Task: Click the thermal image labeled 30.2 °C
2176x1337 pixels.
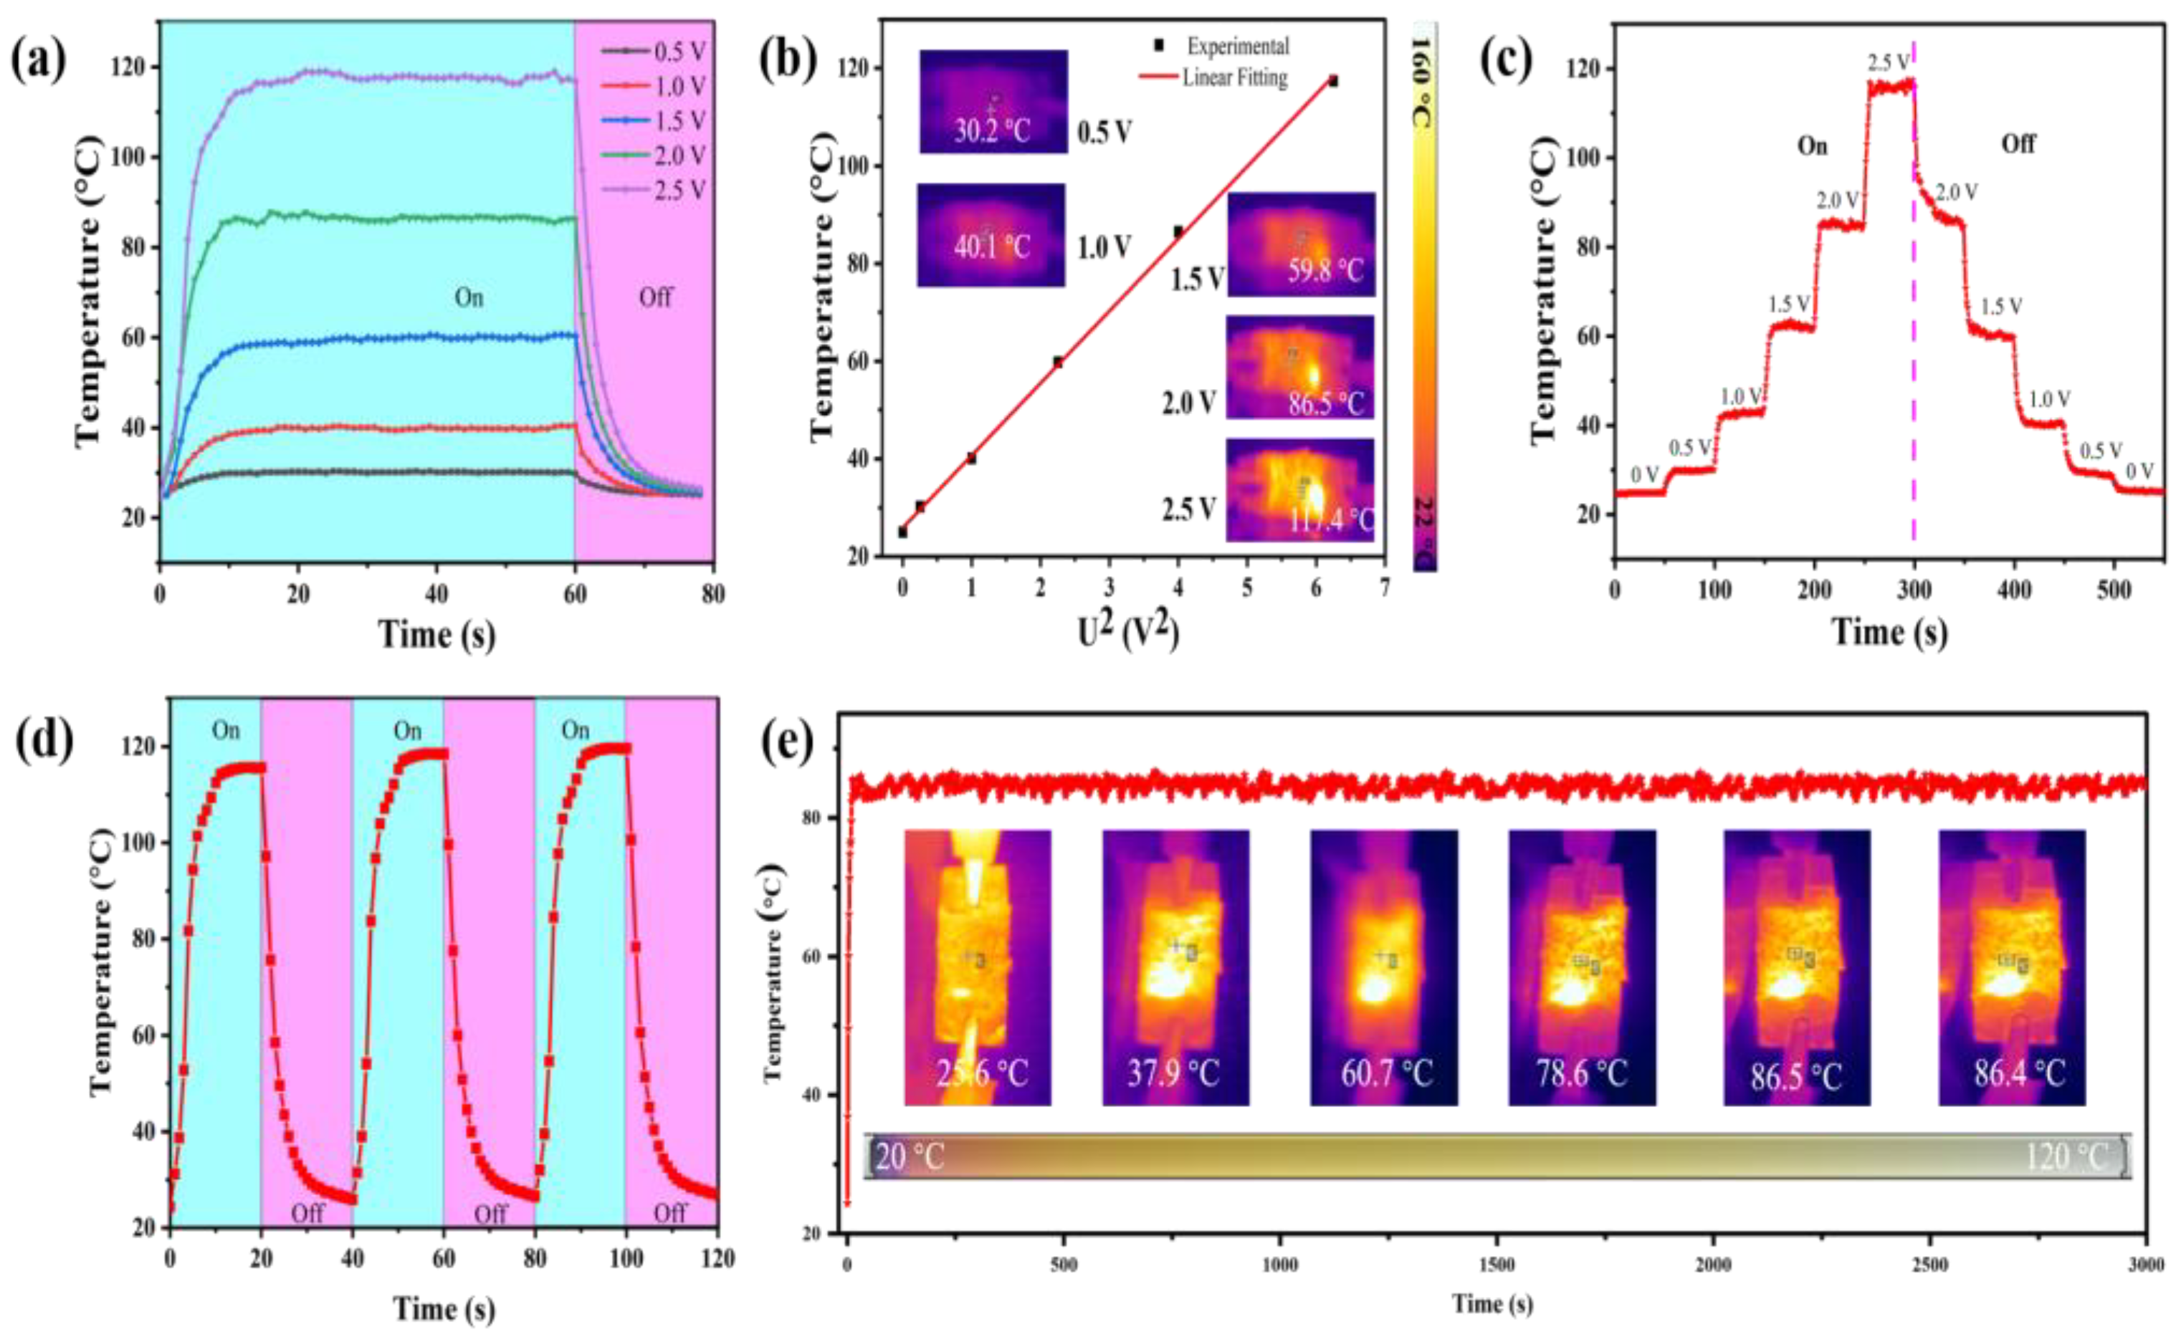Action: point(993,102)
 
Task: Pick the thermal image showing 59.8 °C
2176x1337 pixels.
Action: point(1300,244)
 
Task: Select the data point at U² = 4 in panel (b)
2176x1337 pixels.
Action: point(1178,231)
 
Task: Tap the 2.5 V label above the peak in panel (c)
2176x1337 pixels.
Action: point(1889,63)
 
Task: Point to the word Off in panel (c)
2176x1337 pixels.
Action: point(2018,144)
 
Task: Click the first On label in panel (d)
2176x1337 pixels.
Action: point(226,730)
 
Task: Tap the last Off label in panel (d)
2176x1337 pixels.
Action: point(669,1213)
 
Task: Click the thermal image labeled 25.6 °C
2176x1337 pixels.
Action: point(978,967)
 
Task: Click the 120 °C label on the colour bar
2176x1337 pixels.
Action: point(2066,1156)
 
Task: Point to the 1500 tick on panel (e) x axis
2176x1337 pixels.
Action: point(1497,1265)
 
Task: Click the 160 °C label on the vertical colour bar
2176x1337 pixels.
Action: point(1423,85)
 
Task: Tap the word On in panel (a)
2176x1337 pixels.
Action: point(469,298)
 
